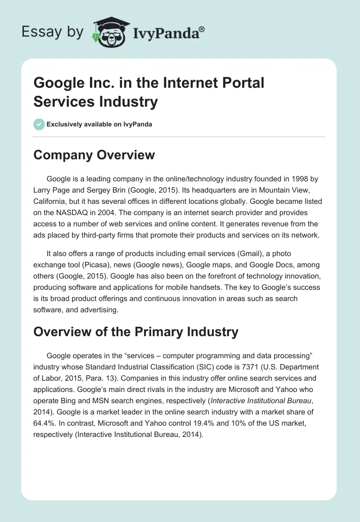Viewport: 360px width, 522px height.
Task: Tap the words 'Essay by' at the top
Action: [53, 32]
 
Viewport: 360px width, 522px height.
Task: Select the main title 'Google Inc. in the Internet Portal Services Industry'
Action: [149, 92]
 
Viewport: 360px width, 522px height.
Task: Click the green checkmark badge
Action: [39, 124]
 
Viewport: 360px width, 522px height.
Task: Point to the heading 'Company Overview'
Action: [94, 155]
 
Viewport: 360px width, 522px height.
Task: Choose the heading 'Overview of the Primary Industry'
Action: [135, 332]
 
